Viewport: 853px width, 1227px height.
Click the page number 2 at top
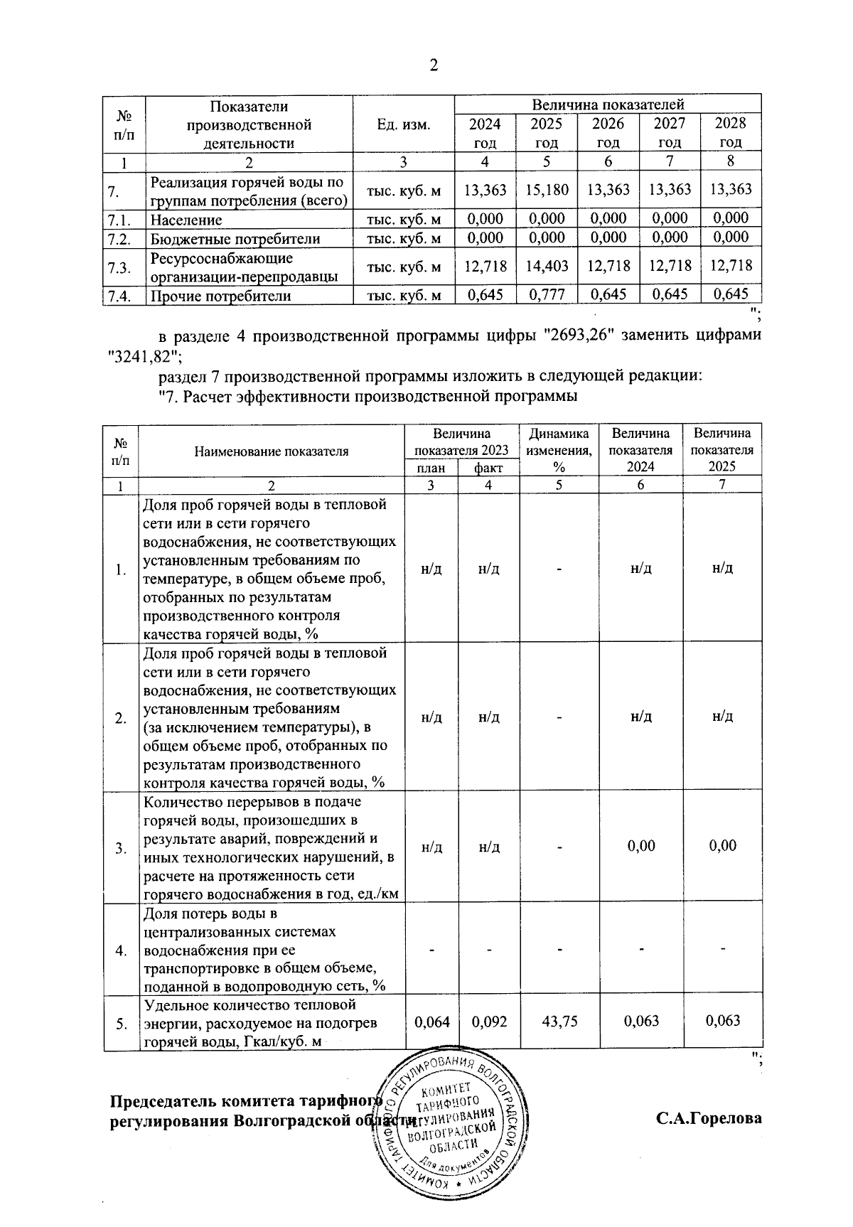tap(433, 66)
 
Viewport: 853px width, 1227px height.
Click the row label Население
tap(186, 220)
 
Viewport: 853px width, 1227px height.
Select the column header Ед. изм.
tap(403, 125)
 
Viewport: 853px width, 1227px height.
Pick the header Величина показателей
tap(608, 105)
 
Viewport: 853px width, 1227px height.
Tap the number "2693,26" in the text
tap(579, 335)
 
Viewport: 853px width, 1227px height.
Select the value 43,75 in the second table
tap(559, 1021)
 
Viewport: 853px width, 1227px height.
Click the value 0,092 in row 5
tap(488, 1021)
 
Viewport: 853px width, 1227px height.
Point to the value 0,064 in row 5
tap(431, 1021)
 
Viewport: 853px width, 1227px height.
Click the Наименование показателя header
tap(272, 451)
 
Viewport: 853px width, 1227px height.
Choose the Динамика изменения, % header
tap(559, 450)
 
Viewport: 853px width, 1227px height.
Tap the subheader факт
tap(488, 468)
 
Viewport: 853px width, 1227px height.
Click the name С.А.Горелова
tap(709, 1119)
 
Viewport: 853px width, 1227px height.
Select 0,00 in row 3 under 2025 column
tap(722, 846)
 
